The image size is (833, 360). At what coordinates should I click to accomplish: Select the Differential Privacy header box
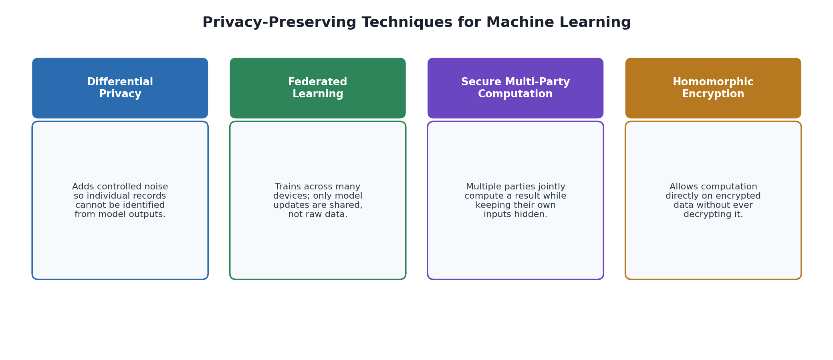[120, 88]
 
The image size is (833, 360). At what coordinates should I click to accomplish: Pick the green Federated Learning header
[318, 88]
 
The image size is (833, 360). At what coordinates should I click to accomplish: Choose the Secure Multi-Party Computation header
[515, 88]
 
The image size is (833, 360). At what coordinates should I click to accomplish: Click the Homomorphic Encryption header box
[713, 88]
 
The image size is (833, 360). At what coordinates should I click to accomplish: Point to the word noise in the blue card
[157, 187]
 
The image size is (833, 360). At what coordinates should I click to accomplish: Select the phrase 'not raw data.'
[318, 215]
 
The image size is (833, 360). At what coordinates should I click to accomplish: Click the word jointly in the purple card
[551, 187]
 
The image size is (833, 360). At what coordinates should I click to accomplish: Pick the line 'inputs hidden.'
[515, 215]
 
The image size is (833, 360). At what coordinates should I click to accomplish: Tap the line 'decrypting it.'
[713, 215]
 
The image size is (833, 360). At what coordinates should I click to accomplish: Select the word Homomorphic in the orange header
[713, 82]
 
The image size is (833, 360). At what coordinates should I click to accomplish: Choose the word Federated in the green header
[318, 82]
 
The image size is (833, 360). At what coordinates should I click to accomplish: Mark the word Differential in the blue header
[120, 82]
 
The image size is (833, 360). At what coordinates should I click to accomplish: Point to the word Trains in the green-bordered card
[287, 187]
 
